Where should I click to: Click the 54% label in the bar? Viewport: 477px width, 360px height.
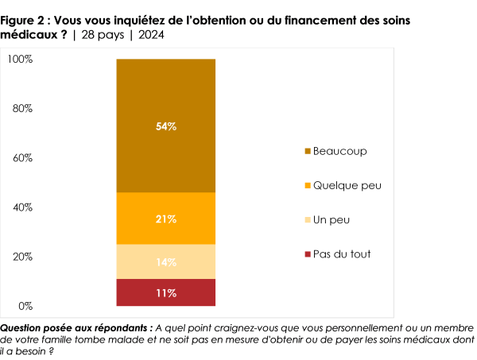pos(166,126)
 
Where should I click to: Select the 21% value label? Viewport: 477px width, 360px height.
pos(166,219)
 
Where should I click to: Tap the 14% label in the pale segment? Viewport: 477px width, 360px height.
pos(166,261)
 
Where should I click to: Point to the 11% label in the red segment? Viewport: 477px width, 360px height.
pos(166,292)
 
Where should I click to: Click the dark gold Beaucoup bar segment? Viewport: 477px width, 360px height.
pos(166,87)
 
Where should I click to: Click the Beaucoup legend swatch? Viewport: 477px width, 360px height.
pos(307,151)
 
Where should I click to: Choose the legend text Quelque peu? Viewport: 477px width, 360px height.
pos(347,185)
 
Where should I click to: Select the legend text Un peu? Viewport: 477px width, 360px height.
pos(332,219)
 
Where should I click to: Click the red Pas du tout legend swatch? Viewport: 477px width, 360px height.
pos(307,254)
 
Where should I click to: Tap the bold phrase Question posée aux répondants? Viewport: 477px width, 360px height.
pos(76,327)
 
